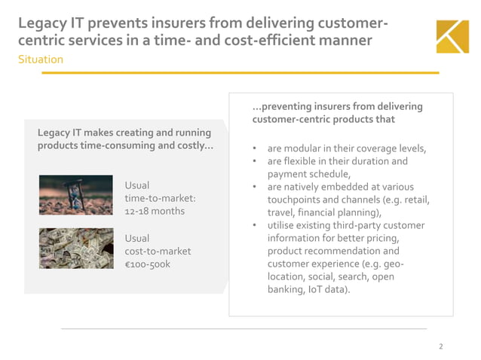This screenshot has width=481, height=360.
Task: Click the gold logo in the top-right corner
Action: tap(452, 36)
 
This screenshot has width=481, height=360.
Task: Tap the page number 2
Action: tap(441, 346)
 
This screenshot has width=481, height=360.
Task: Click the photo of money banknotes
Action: tap(76, 249)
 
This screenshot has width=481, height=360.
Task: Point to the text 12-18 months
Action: tap(155, 211)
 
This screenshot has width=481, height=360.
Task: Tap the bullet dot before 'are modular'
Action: tap(256, 149)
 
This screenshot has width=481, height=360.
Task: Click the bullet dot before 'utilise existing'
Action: tap(256, 226)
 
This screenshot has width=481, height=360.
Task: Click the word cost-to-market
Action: tap(158, 252)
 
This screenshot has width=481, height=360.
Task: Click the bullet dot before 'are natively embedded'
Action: tap(256, 188)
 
